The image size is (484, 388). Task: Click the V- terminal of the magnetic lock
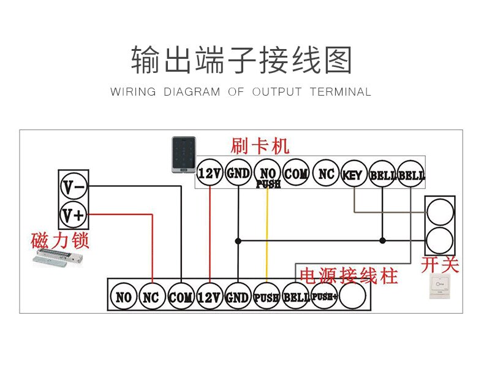pos(74,185)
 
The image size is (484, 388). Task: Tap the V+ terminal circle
pos(74,215)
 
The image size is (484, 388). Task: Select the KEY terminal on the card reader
pos(352,175)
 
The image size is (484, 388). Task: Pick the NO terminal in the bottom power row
pos(123,298)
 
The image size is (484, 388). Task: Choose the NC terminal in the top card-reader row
pos(326,174)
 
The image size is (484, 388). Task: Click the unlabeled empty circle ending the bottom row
pos(353,297)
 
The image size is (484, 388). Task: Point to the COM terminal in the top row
pos(297,174)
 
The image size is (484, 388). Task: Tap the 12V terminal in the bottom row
pos(209,298)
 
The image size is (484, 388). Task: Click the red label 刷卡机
pos(260,146)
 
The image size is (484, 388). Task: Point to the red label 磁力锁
pos(60,240)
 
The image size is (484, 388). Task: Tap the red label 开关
pos(440,265)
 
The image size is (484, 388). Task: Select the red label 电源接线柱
pos(347,275)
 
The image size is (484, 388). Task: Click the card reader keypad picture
pos(183,156)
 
